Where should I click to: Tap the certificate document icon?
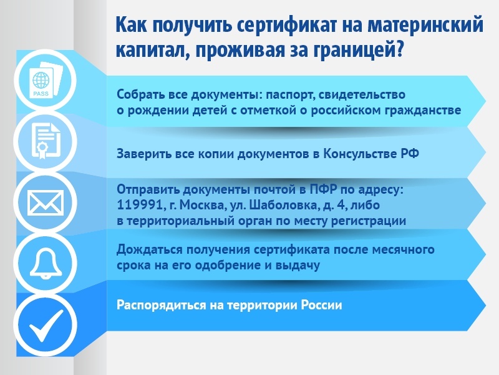click(46, 142)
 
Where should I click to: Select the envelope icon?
click(46, 202)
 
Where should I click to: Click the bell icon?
click(46, 263)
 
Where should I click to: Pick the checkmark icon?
click(46, 325)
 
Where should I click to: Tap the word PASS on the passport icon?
click(41, 94)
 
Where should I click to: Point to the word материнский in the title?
click(425, 24)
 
